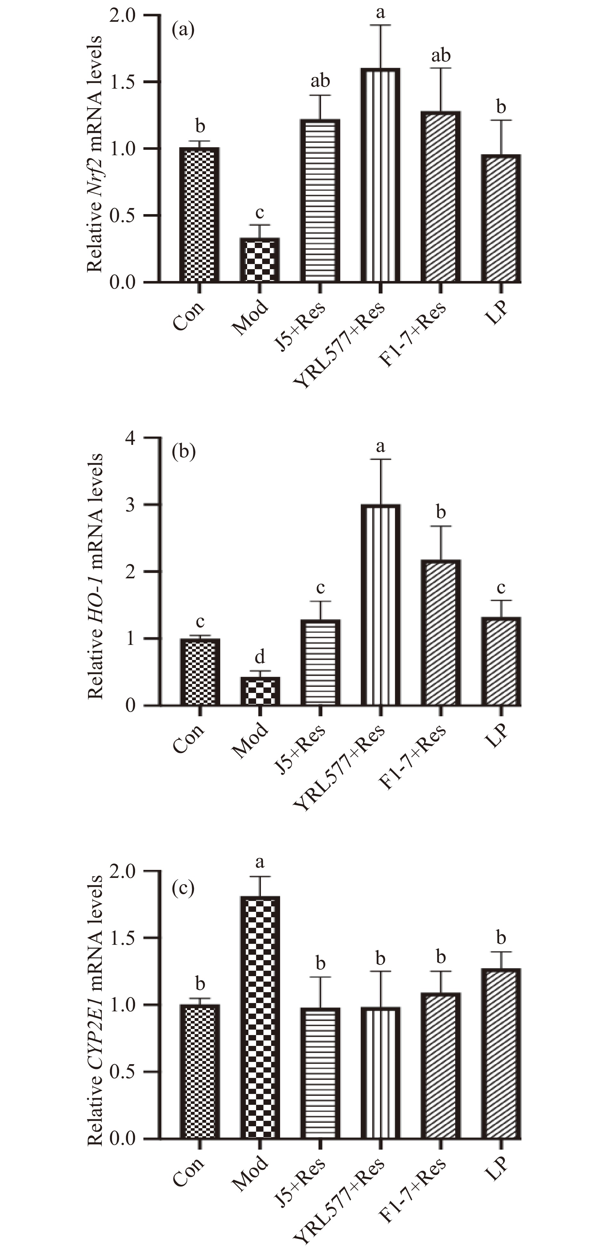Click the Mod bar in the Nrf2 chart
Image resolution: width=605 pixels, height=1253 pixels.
tap(260, 260)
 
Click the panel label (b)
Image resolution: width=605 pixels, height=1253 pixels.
tap(183, 452)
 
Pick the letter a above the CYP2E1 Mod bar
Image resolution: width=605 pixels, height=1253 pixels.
tap(260, 863)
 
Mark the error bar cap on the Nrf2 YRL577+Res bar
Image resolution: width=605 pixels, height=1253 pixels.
tap(380, 25)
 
